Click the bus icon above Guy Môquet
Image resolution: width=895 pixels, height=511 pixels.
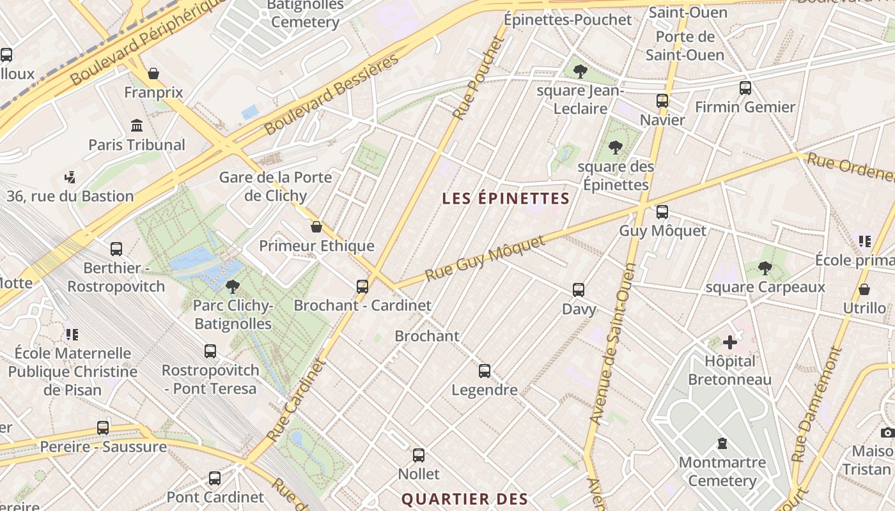(x=662, y=211)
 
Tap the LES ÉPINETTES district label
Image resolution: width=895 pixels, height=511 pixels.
(x=505, y=198)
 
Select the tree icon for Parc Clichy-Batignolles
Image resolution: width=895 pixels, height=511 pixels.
(x=233, y=286)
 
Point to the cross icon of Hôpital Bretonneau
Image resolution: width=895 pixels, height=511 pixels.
(x=729, y=342)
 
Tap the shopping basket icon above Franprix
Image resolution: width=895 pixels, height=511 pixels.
(x=153, y=73)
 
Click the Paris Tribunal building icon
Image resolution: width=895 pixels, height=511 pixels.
(x=136, y=125)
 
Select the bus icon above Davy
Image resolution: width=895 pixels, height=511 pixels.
(x=579, y=290)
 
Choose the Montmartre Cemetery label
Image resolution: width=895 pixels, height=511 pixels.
(x=722, y=471)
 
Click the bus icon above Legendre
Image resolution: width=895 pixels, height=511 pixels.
(x=485, y=370)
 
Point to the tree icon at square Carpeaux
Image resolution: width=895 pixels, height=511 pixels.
(x=765, y=268)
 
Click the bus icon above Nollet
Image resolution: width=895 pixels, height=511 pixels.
(x=419, y=455)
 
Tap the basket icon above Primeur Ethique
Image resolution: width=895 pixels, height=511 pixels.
(x=316, y=227)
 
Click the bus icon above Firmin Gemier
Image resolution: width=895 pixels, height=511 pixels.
(x=745, y=88)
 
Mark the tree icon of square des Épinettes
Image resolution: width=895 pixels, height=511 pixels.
(x=616, y=148)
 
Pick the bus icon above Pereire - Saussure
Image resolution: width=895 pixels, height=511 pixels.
(x=103, y=427)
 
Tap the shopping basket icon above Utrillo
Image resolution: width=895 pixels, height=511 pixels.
(x=864, y=289)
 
